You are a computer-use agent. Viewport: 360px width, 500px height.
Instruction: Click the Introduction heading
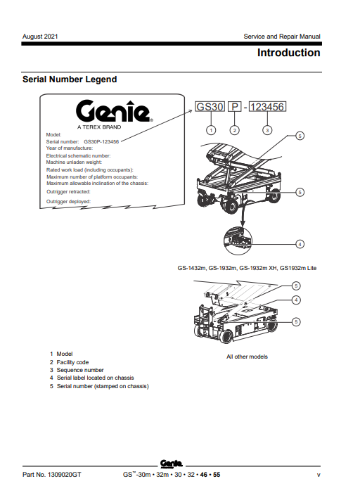click(288, 53)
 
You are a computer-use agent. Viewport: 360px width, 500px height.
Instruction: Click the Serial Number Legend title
click(70, 79)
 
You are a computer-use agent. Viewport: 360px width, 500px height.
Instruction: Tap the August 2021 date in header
click(40, 36)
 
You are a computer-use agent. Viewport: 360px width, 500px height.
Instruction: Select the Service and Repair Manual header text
click(281, 36)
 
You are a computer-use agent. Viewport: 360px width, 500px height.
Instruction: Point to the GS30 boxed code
click(210, 108)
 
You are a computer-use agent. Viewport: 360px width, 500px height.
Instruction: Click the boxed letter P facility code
click(236, 108)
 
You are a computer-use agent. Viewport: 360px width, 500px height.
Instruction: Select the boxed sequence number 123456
click(267, 108)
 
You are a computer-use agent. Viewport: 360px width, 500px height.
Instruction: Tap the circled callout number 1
click(210, 129)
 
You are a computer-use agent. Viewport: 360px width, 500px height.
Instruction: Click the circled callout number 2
click(236, 129)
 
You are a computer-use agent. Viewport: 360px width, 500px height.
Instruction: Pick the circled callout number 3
click(267, 129)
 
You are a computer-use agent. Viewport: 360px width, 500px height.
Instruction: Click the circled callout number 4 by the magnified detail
click(300, 244)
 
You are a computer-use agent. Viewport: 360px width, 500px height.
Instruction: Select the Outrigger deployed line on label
click(68, 201)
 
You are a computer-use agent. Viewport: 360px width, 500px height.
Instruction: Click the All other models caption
click(247, 357)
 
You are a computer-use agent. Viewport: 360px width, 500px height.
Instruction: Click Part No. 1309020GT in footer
click(52, 475)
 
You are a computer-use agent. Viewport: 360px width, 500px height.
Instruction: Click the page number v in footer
click(319, 475)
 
